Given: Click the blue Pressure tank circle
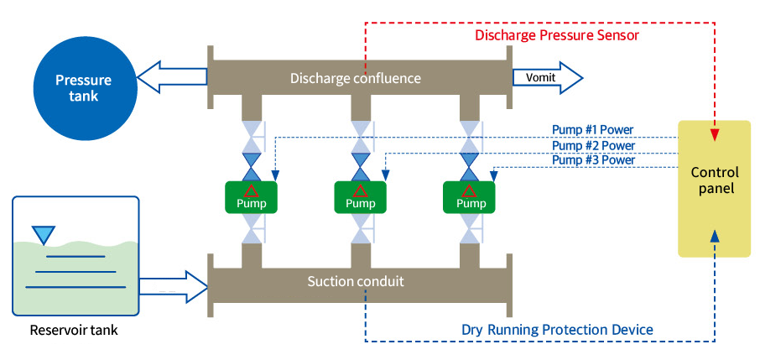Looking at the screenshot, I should (83, 88).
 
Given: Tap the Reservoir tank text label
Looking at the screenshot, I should (74, 330).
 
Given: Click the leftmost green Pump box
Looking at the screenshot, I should (252, 197).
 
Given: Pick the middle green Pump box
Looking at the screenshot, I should (361, 197).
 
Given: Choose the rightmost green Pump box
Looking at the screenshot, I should (469, 197).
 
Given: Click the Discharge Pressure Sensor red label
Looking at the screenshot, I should (557, 35).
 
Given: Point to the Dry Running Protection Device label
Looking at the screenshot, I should (557, 329).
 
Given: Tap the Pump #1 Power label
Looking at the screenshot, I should (592, 129).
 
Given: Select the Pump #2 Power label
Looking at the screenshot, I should (592, 144).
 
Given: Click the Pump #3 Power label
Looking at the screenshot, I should (592, 159).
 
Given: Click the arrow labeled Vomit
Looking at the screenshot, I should (547, 78).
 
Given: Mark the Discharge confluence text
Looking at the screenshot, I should (355, 78).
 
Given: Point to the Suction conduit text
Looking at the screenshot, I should (355, 281).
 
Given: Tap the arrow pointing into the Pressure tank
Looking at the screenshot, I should (172, 78).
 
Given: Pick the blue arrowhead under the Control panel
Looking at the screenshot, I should (714, 236).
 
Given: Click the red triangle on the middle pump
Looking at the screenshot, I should (360, 190).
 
